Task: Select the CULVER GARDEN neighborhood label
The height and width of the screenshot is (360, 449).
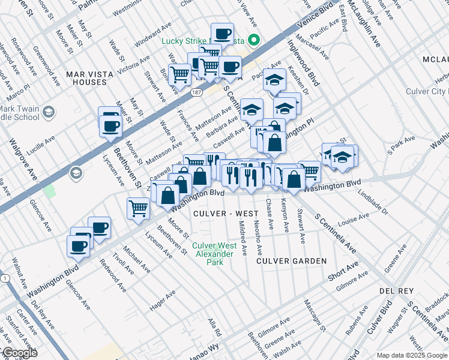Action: point(292,261)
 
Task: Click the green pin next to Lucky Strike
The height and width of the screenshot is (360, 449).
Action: point(253,41)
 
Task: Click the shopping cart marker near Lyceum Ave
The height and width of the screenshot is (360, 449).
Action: point(138,208)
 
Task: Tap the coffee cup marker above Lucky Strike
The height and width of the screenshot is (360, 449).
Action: point(222,33)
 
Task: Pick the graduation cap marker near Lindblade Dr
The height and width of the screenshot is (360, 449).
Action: point(342,157)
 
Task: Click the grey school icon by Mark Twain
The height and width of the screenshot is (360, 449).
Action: point(48,112)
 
